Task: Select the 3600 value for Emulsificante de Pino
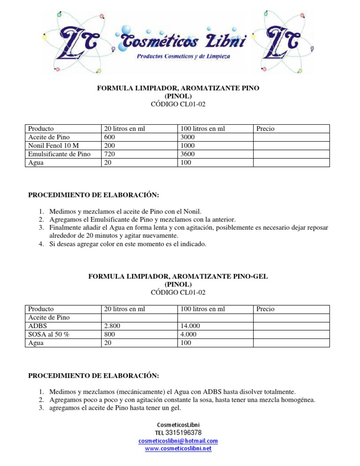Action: (188, 154)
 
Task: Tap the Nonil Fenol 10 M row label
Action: (53, 145)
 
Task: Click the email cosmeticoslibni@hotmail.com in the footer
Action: (178, 441)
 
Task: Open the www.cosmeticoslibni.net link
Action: (178, 449)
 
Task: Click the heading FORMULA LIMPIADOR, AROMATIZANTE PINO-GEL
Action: (178, 277)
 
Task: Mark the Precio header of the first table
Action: (265, 128)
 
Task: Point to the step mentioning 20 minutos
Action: (178, 232)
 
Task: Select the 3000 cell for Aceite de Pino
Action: (188, 137)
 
